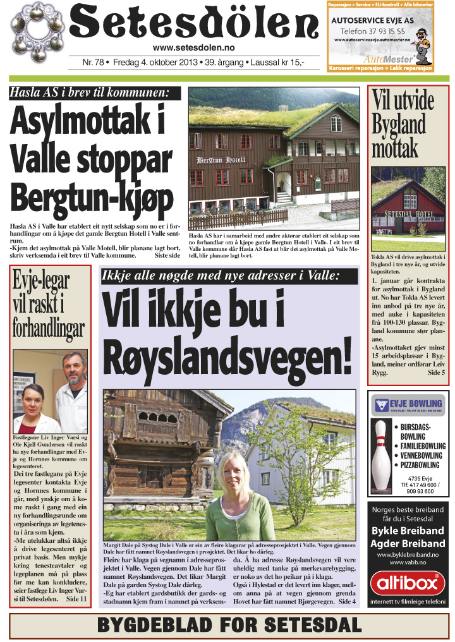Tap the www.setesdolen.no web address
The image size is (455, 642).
195,48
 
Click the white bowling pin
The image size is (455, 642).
380,452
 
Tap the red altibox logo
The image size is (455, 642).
407,583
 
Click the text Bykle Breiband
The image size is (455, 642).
407,531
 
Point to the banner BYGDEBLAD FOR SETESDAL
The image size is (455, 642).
229,626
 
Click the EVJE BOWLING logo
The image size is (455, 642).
408,404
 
